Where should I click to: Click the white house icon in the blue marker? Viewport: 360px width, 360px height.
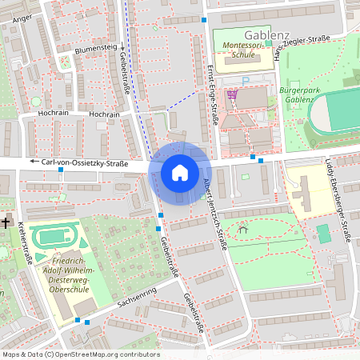pos(180,172)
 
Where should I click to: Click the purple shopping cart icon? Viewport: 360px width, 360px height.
pos(232,94)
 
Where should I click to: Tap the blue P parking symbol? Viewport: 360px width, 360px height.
pos(246,81)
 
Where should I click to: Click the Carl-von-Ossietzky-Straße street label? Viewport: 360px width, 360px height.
pos(84,163)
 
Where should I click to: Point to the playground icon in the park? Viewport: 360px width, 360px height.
pos(243,230)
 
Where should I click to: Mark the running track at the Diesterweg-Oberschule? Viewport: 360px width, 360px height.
pos(54,237)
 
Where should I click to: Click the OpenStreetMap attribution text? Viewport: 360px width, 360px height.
pos(80,354)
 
